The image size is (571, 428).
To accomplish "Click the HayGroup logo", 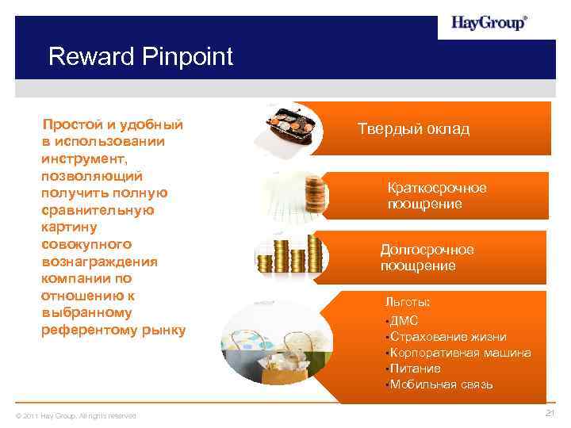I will [x=489, y=23].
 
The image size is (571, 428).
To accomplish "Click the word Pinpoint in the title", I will [x=187, y=57].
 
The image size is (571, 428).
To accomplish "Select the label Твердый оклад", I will [x=413, y=128].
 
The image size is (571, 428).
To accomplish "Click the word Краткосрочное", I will [x=436, y=188].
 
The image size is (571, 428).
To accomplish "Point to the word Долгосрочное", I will [x=427, y=250].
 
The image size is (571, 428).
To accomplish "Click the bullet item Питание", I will [x=415, y=369].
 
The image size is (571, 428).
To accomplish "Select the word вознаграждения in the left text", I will [x=100, y=262].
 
